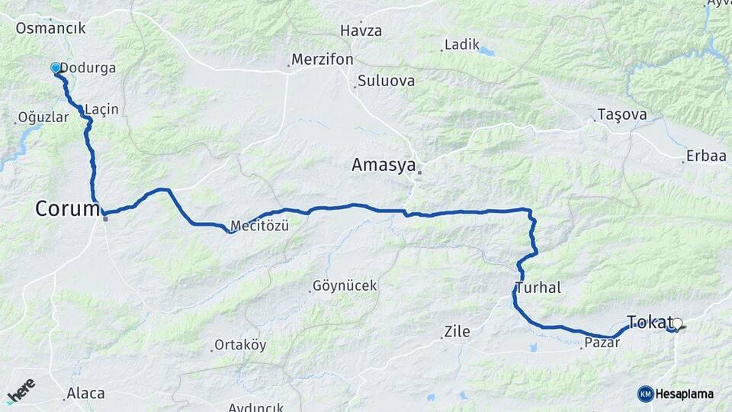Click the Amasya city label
point(384,165)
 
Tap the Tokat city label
point(649,321)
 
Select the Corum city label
point(67,208)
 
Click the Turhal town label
point(538,288)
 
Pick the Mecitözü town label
point(259,226)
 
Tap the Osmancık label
point(50,28)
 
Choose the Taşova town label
point(622,114)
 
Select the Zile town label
point(457,332)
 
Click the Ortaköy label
point(240,345)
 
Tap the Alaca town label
point(85,394)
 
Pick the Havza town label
point(361,31)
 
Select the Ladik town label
point(461,45)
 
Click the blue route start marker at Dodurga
point(56,68)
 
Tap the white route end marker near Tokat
point(677,323)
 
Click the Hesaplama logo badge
point(676,394)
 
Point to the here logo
point(21,391)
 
